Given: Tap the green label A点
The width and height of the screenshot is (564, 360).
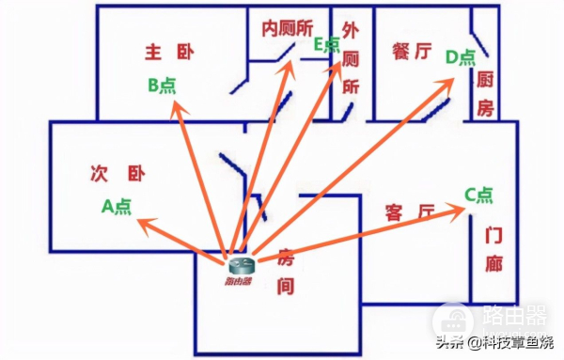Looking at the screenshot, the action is coord(117,206).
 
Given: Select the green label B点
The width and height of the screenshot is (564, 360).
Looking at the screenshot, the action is coord(162,85).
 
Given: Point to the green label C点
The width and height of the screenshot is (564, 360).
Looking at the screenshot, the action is coord(478,195).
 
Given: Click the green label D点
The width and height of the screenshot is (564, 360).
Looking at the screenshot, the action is coord(461,58).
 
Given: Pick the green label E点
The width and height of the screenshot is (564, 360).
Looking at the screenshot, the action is coord(325,44).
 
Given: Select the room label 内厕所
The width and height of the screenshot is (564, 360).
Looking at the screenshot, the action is coord(287,27).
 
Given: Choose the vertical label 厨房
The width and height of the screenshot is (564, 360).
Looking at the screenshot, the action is coord(485,93).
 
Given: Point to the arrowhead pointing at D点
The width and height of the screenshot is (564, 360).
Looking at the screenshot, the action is coord(451,80).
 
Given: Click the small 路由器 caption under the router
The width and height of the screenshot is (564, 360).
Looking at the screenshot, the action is coord(238,282).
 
